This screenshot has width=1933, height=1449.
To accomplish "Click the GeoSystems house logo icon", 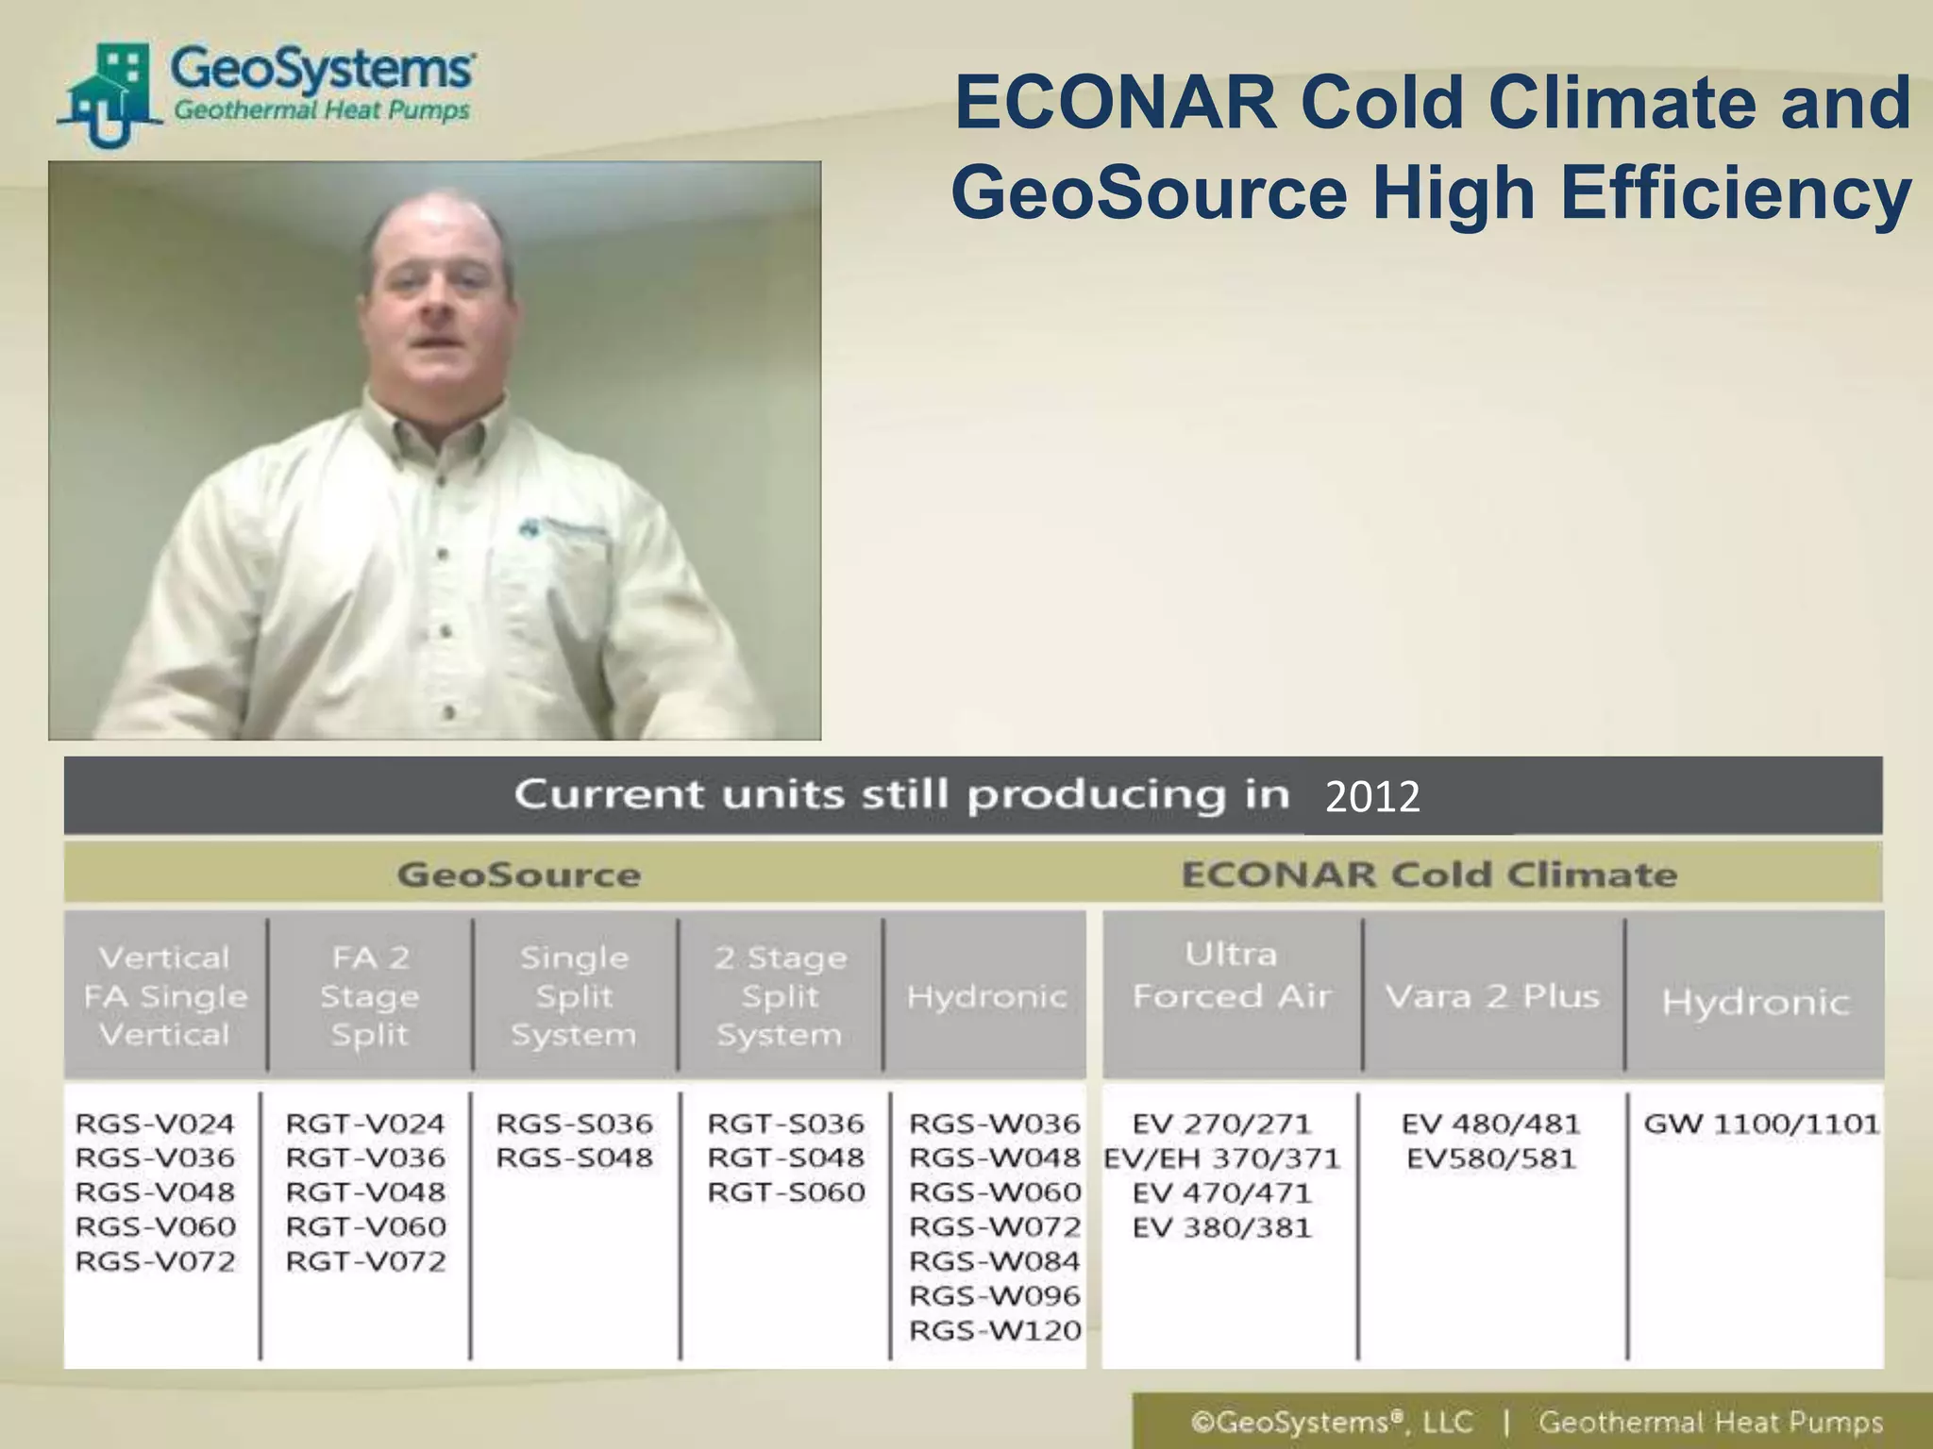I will pyautogui.click(x=109, y=94).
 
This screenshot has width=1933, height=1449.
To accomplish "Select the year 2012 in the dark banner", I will pyautogui.click(x=1372, y=797).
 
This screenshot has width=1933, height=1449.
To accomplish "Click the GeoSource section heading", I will pyautogui.click(x=519, y=874).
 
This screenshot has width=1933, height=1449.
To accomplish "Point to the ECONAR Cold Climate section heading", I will pyautogui.click(x=1429, y=874).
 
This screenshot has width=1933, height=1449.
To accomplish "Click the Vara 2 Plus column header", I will pyautogui.click(x=1492, y=996).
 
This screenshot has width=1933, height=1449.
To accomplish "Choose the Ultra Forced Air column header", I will pyautogui.click(x=1232, y=975).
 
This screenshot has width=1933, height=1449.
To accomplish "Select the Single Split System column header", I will pyautogui.click(x=574, y=996).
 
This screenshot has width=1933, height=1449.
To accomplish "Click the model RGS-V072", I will pyautogui.click(x=156, y=1261).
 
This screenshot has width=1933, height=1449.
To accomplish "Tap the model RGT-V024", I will pyautogui.click(x=365, y=1124).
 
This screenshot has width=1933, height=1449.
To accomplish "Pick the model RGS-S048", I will pyautogui.click(x=574, y=1158).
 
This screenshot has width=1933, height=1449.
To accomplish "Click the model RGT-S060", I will pyautogui.click(x=785, y=1192).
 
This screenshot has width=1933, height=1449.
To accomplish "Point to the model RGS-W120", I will pyautogui.click(x=995, y=1330).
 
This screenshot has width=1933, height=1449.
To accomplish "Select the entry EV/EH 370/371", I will pyautogui.click(x=1222, y=1158).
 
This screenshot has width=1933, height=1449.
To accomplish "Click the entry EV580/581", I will pyautogui.click(x=1491, y=1158).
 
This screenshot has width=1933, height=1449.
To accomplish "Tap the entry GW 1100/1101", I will pyautogui.click(x=1761, y=1124).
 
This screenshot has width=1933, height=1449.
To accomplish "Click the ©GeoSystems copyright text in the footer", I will pyautogui.click(x=1331, y=1422).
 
